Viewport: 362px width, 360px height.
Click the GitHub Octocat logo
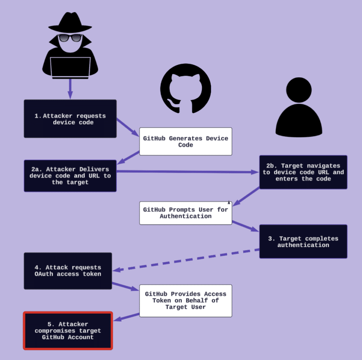pos(186,89)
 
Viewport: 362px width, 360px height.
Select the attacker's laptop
pos(70,67)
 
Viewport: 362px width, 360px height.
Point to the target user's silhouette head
pos(299,90)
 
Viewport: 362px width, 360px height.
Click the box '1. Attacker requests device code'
pos(70,119)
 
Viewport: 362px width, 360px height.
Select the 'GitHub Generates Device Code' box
pos(186,141)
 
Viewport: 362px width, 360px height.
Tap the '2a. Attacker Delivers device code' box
pos(70,176)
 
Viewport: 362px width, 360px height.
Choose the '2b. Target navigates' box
pos(303,172)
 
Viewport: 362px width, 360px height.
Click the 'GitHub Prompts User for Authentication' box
pos(186,213)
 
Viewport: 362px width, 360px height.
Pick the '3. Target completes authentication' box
pos(303,241)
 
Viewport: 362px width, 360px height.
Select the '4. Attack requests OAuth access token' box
pos(68,271)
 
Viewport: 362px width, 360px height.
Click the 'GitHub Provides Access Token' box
pos(186,300)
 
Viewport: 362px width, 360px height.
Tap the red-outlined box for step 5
pos(68,331)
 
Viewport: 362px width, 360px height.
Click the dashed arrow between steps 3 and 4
pos(187,261)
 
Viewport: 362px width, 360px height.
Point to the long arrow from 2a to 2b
pos(187,172)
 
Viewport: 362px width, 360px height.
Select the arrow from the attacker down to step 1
pos(70,88)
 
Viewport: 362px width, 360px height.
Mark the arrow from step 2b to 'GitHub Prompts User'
pos(246,196)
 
